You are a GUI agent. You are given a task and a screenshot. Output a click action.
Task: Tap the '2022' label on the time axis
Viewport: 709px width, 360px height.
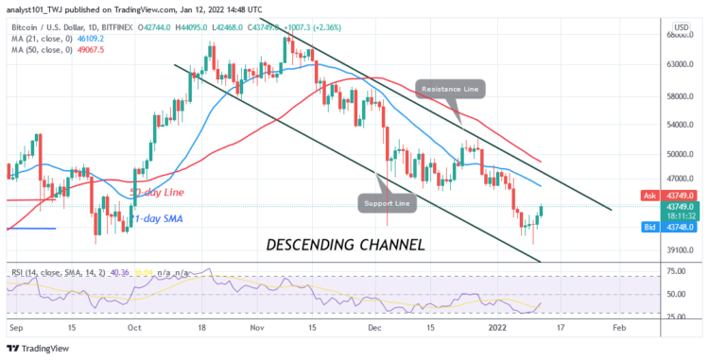(498, 327)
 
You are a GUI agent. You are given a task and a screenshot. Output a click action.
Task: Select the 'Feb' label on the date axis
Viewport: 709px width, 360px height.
(619, 327)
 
